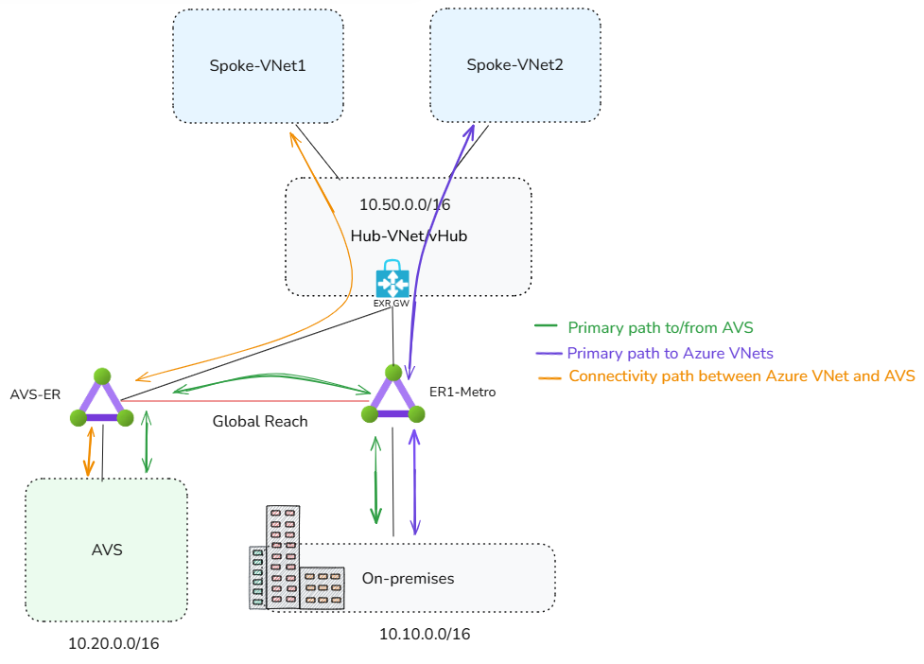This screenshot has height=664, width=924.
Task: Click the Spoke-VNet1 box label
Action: [258, 66]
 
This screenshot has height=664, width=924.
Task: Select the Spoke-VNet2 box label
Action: [515, 65]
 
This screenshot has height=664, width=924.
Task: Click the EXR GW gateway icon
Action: [392, 281]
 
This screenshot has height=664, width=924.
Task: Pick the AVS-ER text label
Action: [35, 394]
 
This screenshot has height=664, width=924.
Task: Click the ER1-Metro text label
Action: [462, 392]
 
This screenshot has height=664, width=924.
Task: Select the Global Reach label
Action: [260, 422]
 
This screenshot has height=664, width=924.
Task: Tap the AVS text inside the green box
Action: [107, 550]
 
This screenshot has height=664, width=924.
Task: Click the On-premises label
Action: [408, 578]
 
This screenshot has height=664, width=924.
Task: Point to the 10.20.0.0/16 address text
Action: [113, 643]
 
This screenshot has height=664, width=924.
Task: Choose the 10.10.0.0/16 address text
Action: [425, 634]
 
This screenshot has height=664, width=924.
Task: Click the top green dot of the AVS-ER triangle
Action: [102, 376]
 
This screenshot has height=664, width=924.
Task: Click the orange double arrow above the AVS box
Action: [89, 450]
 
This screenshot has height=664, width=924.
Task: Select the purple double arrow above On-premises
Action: [414, 481]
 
